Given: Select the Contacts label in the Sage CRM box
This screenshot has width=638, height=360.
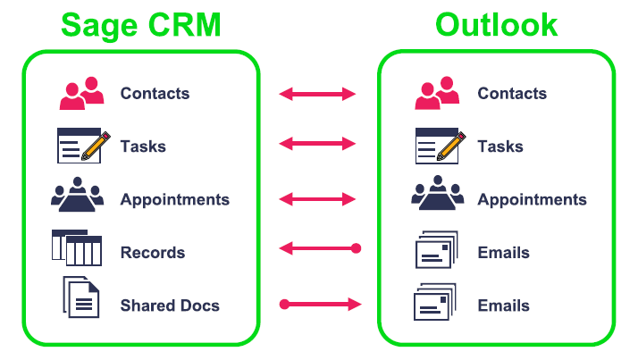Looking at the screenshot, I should coord(155,93).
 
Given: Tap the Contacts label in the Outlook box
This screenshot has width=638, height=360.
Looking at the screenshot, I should coord(512,93).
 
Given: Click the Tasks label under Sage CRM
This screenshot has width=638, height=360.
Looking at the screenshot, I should coord(143,147).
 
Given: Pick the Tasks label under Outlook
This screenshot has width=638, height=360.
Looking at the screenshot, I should coord(500,147).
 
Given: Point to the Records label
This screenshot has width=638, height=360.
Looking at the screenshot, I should coord(153,253).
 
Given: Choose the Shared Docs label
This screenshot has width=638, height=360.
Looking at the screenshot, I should coord(170,306).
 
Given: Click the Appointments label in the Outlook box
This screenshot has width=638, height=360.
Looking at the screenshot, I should coord(532,199).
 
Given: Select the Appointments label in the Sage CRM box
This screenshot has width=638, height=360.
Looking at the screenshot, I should coord(174,199).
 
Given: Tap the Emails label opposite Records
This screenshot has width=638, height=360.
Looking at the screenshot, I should coord(503,253).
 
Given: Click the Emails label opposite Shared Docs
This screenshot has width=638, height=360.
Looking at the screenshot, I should coord(503,306).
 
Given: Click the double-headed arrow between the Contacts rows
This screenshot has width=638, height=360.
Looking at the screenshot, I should coord(317,93).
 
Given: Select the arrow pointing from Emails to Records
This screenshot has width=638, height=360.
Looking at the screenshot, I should coord(317,248).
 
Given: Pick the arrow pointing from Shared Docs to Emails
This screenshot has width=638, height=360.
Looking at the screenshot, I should coord(320,305).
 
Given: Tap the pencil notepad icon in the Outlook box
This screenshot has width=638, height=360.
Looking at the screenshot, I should coord(438,146).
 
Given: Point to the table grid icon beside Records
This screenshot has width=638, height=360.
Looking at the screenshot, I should coord(77,248).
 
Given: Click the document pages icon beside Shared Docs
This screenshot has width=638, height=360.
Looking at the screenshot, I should coord(81,297).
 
